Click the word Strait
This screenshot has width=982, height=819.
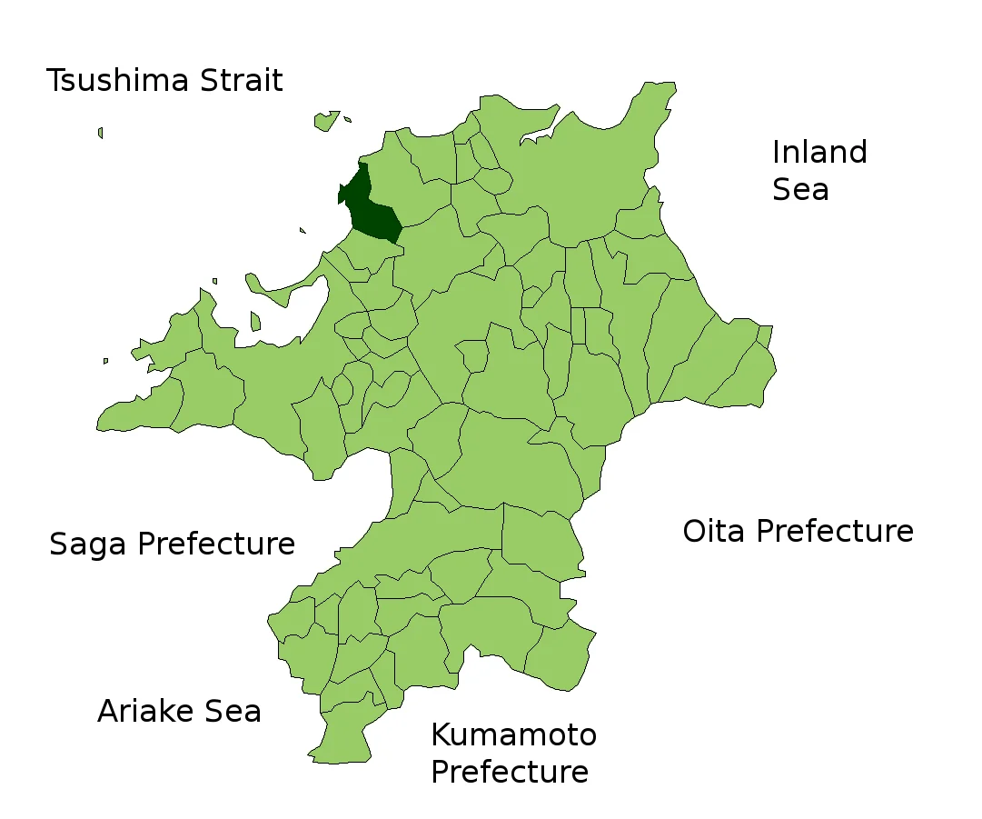(x=236, y=81)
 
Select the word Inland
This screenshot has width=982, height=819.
(x=819, y=152)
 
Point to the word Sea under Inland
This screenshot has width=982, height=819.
(x=800, y=190)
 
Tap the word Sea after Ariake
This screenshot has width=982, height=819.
(x=234, y=711)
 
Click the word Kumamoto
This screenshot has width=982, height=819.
(x=513, y=734)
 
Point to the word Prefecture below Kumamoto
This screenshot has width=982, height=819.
(x=509, y=772)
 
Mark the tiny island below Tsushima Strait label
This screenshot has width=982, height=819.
(x=100, y=133)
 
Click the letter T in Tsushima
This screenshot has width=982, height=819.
(x=55, y=81)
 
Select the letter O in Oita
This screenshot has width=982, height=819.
(x=695, y=531)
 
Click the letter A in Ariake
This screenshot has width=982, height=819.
(x=108, y=711)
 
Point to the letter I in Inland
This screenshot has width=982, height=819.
(x=776, y=152)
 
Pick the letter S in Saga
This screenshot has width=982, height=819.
(x=59, y=544)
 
